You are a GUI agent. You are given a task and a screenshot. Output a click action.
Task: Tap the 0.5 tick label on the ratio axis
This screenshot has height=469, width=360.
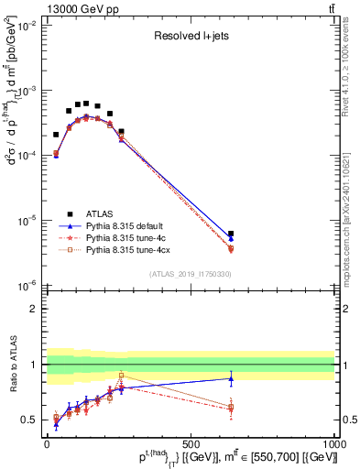pos(29,420)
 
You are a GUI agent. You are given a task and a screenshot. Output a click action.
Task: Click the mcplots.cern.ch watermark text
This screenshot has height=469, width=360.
pos(345,211)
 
